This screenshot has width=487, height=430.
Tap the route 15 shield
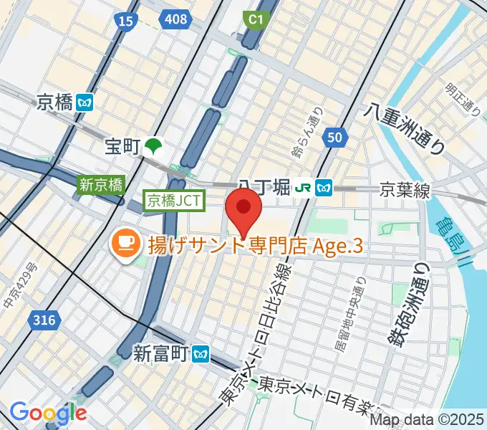click(125, 22)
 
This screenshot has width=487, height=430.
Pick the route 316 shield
click(44, 322)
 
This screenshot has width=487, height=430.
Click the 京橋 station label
click(55, 102)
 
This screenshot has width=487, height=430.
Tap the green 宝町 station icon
click(153, 147)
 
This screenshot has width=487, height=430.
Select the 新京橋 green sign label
click(101, 184)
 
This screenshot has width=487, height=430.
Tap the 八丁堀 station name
click(264, 188)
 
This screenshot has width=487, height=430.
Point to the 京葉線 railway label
click(405, 190)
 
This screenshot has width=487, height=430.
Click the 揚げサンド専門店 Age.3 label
click(255, 246)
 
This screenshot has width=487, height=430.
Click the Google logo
click(48, 413)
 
